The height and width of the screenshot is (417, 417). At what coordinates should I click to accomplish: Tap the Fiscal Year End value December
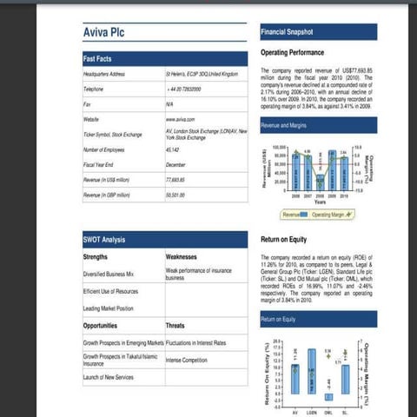pos(176,163)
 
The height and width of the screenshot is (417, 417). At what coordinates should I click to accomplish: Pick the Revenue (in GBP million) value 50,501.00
pos(178,195)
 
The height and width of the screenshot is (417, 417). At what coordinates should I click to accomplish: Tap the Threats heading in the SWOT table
pos(176,326)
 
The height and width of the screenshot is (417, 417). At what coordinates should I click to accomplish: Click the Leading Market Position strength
pos(108,309)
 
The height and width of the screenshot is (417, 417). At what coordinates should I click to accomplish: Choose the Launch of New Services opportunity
pos(109,376)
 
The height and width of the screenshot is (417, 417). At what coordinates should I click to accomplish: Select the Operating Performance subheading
pos(298,53)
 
